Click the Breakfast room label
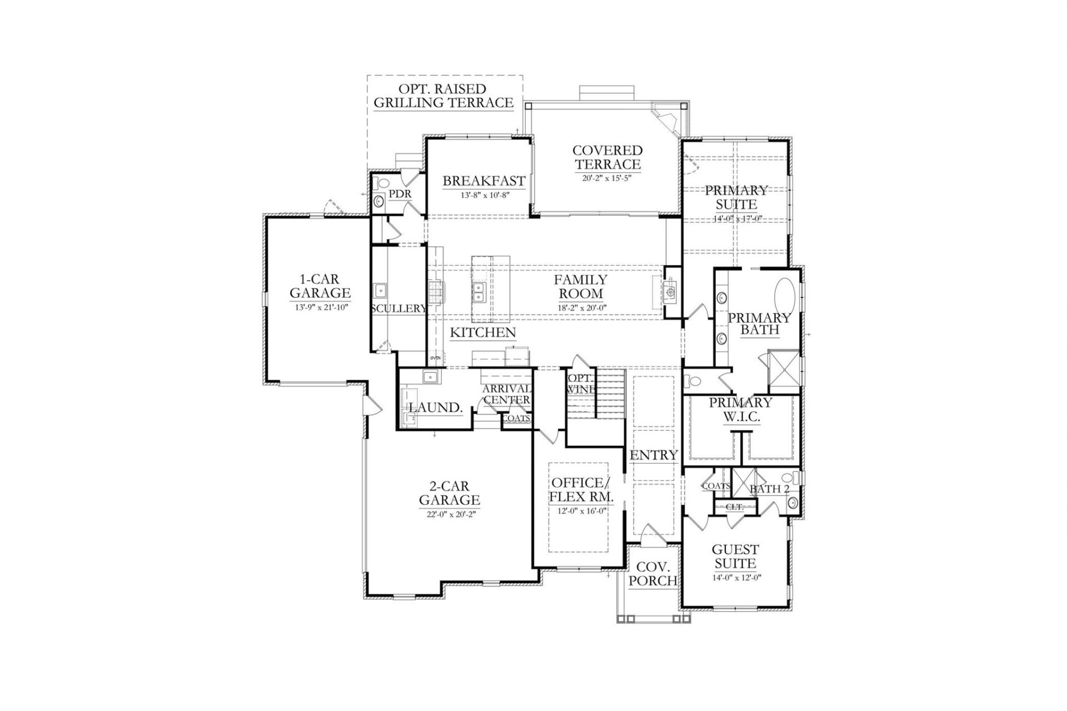(x=483, y=181)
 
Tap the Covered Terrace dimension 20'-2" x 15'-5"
(x=607, y=178)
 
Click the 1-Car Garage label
(x=320, y=286)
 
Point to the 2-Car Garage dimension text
(x=449, y=514)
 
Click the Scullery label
(x=398, y=309)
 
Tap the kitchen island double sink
(x=479, y=291)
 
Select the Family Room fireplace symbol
(x=671, y=291)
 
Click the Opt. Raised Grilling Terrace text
(x=443, y=96)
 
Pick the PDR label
(x=400, y=194)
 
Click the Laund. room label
(x=436, y=407)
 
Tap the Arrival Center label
(x=505, y=394)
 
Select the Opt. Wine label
(x=580, y=384)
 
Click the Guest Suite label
(x=735, y=556)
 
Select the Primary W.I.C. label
(x=740, y=409)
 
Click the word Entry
(x=654, y=455)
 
